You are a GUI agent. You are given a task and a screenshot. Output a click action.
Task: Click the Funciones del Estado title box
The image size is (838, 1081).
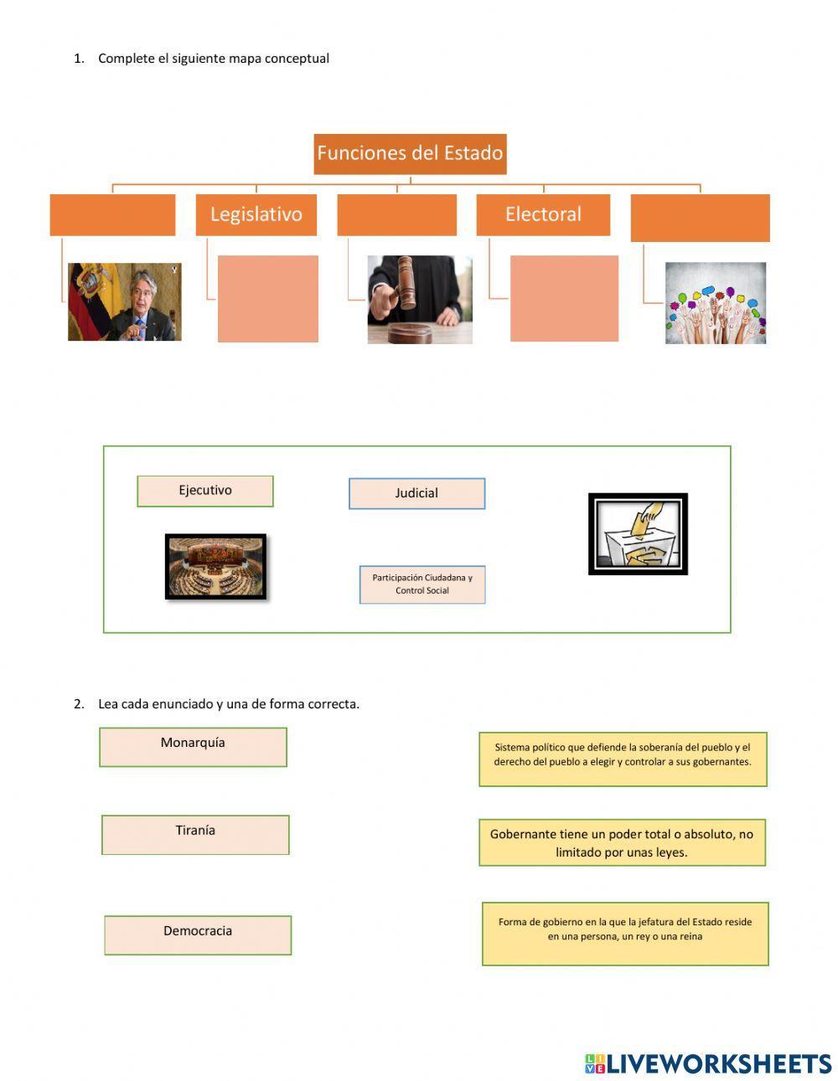pos(410,154)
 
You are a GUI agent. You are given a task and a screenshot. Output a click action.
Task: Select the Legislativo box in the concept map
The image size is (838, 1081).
pos(256,214)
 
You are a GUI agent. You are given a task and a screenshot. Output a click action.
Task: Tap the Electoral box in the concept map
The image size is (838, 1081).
pos(543,214)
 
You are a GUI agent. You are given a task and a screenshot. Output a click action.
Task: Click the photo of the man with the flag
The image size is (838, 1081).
pos(124,302)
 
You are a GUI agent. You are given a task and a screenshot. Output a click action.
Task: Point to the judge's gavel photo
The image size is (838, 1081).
pos(420,299)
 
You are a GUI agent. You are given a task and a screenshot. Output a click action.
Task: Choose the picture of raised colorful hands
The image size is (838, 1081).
pos(716,303)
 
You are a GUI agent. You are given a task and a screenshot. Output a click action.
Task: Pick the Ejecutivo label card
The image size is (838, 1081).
pos(205,491)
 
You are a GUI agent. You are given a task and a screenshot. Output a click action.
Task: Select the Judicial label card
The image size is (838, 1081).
pos(416,493)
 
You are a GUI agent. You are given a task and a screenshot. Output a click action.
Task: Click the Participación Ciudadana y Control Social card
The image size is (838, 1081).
pos(422,584)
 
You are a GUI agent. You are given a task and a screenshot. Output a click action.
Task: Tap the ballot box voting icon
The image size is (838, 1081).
pos(638,533)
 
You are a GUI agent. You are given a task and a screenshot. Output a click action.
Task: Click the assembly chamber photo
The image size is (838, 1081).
pos(215,567)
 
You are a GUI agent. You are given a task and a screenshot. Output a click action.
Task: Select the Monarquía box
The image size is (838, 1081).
pos(193,746)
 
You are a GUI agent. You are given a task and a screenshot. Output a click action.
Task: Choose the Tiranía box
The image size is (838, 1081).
pos(195,834)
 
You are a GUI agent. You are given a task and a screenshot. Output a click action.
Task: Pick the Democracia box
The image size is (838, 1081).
pos(198,934)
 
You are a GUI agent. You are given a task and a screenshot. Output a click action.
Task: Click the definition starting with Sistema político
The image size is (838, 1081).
pos(623,759)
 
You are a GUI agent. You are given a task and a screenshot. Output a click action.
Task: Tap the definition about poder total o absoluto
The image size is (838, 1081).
pos(622,842)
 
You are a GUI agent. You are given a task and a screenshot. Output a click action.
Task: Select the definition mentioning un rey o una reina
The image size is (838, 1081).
pos(625,933)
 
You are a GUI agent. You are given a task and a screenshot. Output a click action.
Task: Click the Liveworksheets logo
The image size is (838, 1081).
pos(708,1063)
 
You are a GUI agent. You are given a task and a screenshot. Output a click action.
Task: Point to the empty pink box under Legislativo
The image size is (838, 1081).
pos(268,299)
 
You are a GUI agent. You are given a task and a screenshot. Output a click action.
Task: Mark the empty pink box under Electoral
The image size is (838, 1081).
pos(564,299)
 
